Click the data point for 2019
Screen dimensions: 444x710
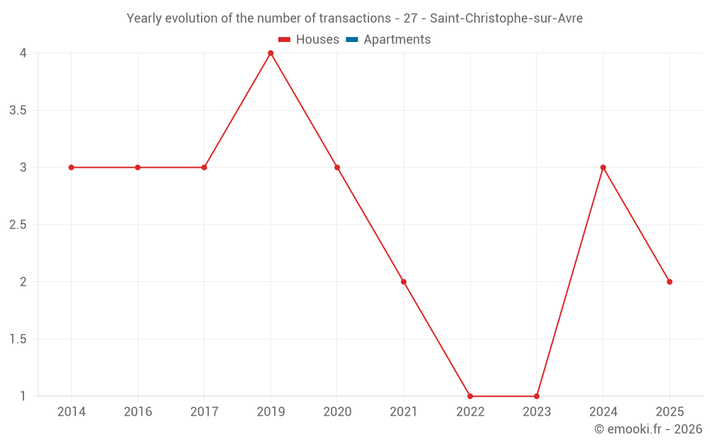coord(271,53)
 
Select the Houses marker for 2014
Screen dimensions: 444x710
coord(71,168)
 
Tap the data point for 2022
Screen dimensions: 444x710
coord(470,396)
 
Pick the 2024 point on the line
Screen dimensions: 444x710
coord(603,168)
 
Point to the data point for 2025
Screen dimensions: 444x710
coord(670,282)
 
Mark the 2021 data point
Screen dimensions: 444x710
coord(403,282)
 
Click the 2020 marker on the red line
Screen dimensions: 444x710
coord(337,168)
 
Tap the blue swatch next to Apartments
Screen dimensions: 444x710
coord(352,40)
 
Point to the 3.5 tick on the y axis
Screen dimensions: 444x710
coord(18,110)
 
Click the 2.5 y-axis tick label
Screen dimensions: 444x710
coord(18,224)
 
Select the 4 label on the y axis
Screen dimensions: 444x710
coord(23,53)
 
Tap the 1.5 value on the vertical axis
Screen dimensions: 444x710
coord(18,339)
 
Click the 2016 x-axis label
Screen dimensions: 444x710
coord(138,412)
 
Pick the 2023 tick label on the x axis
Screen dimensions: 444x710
coord(537,412)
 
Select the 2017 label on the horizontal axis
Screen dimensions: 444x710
coord(204,412)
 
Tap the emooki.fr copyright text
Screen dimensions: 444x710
coord(648,429)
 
